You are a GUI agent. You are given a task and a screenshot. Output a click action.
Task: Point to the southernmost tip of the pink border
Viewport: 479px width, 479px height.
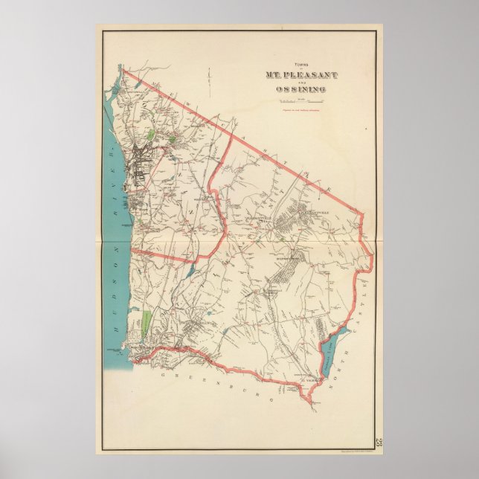302,408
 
